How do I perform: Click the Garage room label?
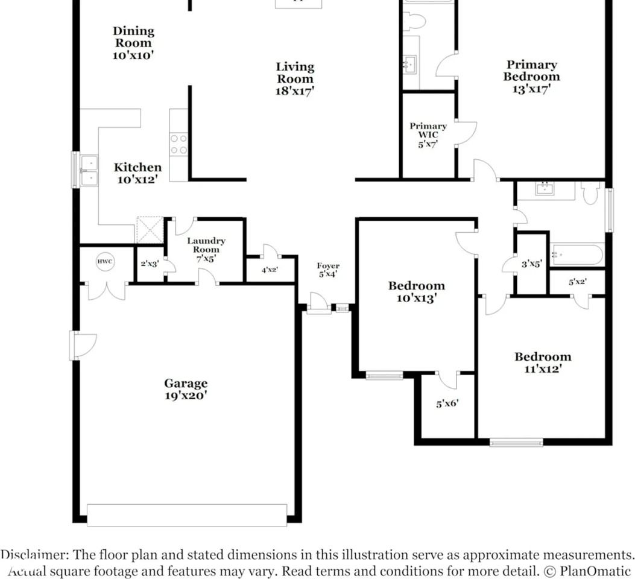coord(186,389)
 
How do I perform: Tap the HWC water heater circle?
coord(105,262)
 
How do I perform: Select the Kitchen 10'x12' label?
coord(137,173)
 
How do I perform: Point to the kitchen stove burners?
coord(178,145)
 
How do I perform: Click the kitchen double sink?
coord(89,170)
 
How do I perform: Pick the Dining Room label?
coord(133,43)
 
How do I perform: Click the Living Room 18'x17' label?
coord(295,79)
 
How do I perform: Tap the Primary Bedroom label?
coord(531,77)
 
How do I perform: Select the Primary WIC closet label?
coord(428,135)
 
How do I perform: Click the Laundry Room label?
coord(206,250)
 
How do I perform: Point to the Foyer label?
coord(328,270)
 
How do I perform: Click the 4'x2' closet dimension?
coord(270,270)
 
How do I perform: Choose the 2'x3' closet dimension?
coord(150,264)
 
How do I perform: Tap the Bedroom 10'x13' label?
coord(416,292)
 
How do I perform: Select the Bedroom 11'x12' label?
coord(543,363)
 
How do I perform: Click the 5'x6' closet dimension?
coord(447,403)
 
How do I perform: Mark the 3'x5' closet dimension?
coord(531,264)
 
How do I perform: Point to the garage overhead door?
coord(187,515)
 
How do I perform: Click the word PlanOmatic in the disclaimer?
coord(595,571)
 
